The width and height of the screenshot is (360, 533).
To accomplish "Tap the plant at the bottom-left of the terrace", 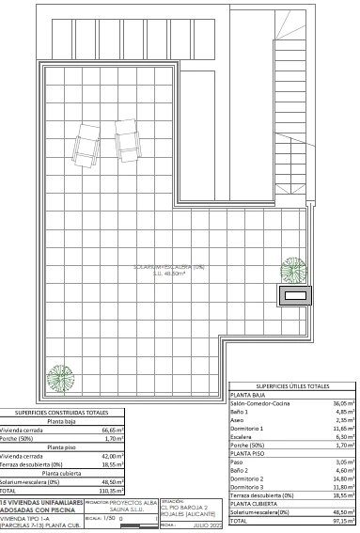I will point(62,377).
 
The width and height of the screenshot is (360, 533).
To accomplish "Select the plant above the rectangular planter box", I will point(293,271).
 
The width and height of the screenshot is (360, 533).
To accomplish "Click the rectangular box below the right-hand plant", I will point(294,296).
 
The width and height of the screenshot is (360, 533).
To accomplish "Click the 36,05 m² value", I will point(342,403).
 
